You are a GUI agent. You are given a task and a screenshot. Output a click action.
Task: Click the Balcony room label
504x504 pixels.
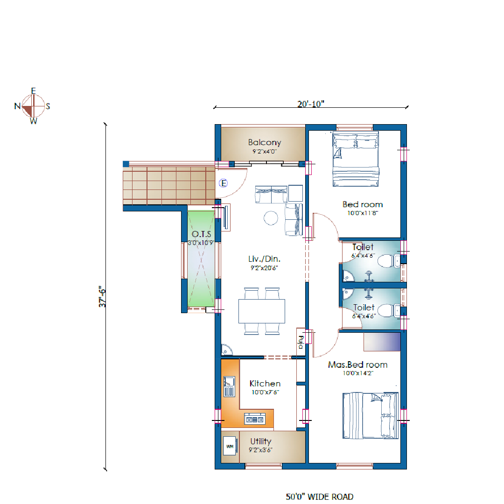265,142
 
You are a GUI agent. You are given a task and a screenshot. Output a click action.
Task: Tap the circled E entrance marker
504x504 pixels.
224,183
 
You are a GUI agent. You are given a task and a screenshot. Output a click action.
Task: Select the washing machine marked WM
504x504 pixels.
230,446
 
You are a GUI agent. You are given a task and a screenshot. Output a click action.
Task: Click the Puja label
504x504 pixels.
301,342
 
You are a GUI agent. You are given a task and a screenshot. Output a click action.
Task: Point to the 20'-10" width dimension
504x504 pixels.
311,104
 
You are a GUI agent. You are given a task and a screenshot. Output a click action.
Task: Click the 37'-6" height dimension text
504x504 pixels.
102,296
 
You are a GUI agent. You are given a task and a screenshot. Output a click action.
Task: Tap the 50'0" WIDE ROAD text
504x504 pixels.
320,497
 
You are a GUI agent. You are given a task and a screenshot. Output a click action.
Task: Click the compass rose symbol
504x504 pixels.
33,106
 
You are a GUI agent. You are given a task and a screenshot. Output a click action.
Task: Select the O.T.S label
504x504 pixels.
202,234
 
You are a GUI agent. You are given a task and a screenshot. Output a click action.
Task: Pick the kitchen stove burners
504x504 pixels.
255,419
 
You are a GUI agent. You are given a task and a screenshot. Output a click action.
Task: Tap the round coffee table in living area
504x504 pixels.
271,218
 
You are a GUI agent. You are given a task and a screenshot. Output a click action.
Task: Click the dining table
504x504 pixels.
262,311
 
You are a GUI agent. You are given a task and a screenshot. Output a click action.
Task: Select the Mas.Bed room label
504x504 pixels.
358,365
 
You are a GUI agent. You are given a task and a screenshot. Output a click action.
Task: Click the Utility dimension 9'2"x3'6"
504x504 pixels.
260,450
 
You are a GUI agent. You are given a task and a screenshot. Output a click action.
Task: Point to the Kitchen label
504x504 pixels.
265,384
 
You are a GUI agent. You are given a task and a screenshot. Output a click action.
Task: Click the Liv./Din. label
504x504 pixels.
264,259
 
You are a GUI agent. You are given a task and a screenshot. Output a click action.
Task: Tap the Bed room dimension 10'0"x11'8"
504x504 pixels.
363,213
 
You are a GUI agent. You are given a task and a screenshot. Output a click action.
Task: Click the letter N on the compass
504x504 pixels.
17,106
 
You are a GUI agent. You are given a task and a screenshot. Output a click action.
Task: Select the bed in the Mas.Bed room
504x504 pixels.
370,416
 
